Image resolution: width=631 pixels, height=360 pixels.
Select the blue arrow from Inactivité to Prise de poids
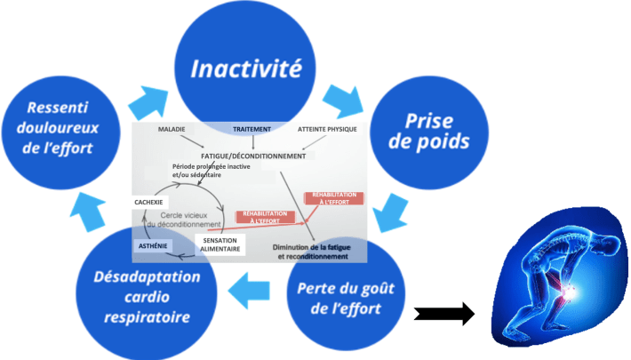pyautogui.click(x=343, y=100)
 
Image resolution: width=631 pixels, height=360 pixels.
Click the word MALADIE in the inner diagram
pyautogui.click(x=172, y=129)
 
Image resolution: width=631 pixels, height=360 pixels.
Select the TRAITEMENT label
pyautogui.click(x=252, y=129)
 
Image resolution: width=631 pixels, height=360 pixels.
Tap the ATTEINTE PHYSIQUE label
pyautogui.click(x=327, y=129)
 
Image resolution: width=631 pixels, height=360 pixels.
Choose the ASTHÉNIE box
pyautogui.click(x=152, y=244)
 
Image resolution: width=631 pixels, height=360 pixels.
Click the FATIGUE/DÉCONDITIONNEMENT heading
pyautogui.click(x=253, y=155)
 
